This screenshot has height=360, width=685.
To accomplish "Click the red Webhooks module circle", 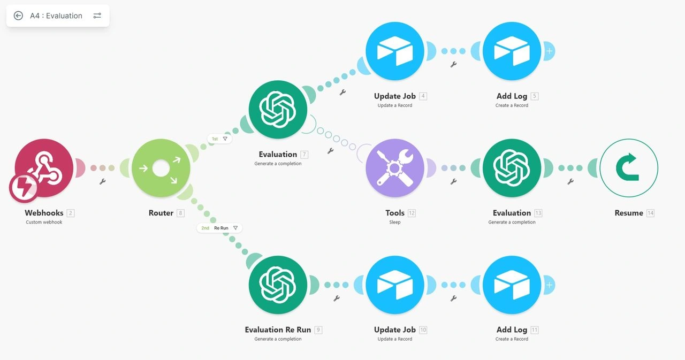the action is (44, 168).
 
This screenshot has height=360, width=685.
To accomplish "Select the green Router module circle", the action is (161, 168).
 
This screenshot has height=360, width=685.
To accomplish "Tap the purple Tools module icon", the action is (395, 168).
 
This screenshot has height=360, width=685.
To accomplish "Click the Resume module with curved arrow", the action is (629, 168).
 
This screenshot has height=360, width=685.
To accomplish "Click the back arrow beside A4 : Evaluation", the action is (18, 16).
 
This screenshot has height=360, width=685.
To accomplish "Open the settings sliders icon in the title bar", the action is (97, 16).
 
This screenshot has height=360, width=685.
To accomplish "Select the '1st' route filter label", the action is (219, 139).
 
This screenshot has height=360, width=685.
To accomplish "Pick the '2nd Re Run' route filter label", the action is (219, 228).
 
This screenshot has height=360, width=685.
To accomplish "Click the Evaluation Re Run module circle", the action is (278, 285).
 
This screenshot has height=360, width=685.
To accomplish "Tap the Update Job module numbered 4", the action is (395, 51).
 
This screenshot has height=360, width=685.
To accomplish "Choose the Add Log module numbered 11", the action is (512, 285).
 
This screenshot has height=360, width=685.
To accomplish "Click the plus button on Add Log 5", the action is (550, 51).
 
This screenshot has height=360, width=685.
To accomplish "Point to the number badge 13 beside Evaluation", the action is (538, 213).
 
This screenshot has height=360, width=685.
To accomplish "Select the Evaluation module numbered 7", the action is (278, 110).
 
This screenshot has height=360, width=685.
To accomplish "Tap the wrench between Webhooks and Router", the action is (102, 181).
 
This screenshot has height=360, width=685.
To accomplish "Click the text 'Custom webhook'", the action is (44, 222).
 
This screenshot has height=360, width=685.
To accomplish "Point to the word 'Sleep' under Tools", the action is (395, 222).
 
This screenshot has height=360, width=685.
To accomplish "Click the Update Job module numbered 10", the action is (395, 285).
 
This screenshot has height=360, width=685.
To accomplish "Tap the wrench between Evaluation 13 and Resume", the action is (570, 181).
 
